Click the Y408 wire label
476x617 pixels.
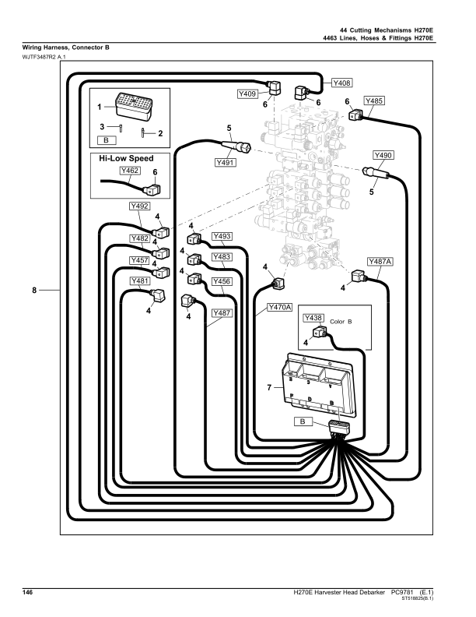341,83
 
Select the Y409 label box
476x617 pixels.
247,93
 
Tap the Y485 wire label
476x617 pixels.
374,100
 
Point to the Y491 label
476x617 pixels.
226,162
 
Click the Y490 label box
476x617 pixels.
383,155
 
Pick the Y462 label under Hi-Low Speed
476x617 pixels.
130,171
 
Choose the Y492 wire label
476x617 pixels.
139,206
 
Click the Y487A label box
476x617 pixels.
380,261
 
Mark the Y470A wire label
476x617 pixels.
280,307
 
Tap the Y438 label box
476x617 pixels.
313,318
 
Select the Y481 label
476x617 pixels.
140,280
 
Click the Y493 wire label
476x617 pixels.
222,236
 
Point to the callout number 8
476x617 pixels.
34,290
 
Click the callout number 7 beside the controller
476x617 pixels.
269,388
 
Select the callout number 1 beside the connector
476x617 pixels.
100,107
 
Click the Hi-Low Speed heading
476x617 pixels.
126,158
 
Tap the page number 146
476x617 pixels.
27,592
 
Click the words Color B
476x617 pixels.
341,322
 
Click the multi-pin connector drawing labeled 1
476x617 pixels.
134,104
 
